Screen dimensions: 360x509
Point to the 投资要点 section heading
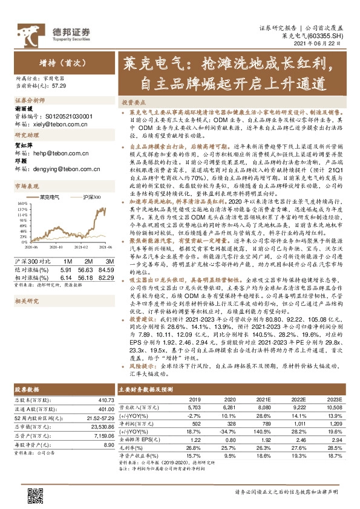132,103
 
